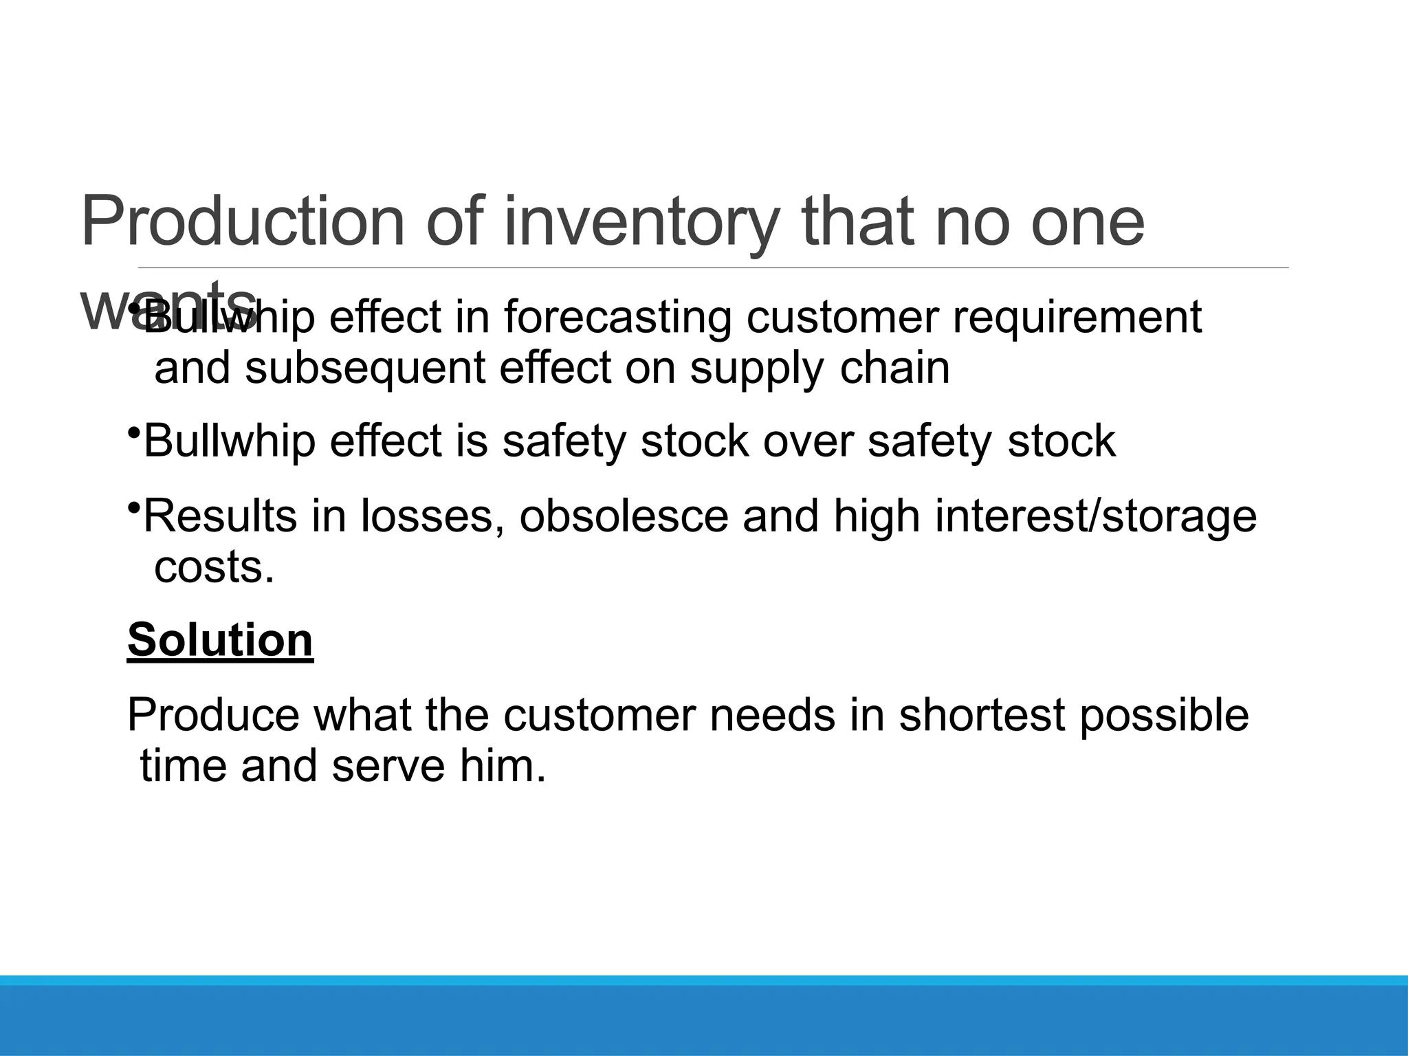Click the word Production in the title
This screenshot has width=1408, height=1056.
(243, 221)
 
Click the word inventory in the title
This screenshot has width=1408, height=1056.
(642, 221)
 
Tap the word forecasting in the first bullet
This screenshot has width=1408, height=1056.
(617, 318)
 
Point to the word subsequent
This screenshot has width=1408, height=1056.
(365, 368)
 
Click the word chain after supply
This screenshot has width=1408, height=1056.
(894, 368)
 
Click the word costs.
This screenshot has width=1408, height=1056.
(214, 567)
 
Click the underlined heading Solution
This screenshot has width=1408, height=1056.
(220, 640)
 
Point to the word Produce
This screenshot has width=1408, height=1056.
(213, 715)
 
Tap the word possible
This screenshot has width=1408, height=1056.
(1163, 715)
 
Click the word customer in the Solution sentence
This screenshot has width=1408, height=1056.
(599, 715)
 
